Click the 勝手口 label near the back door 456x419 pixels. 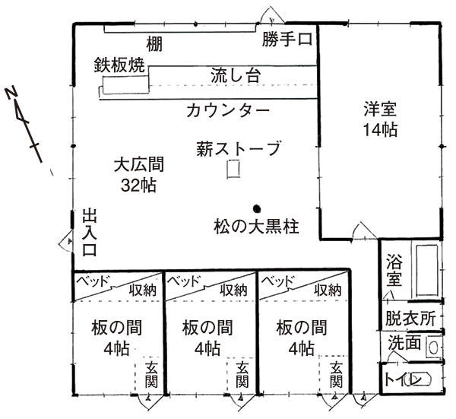pyautogui.click(x=287, y=39)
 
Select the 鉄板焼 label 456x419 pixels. pyautogui.click(x=119, y=65)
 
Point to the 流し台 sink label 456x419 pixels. pyautogui.click(x=236, y=75)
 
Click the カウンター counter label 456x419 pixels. pyautogui.click(x=228, y=110)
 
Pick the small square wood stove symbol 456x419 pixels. pyautogui.click(x=233, y=169)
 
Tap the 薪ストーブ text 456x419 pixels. pyautogui.click(x=239, y=148)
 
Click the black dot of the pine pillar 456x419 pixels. pyautogui.click(x=257, y=208)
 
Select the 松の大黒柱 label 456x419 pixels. pyautogui.click(x=257, y=227)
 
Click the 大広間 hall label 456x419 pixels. pyautogui.click(x=139, y=164)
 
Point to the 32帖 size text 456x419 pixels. pyautogui.click(x=139, y=185)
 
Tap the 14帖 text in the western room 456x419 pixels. pyautogui.click(x=380, y=130)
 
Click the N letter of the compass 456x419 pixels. pyautogui.click(x=11, y=93)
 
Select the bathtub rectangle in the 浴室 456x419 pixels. pyautogui.click(x=427, y=270)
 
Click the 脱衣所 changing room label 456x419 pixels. pyautogui.click(x=410, y=319)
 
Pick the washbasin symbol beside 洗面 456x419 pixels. pyautogui.click(x=434, y=347)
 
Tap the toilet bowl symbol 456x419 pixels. pyautogui.click(x=420, y=379)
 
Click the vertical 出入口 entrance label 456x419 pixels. pyautogui.click(x=89, y=232)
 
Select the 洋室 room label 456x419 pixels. pyautogui.click(x=380, y=109)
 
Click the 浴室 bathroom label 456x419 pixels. pyautogui.click(x=394, y=270)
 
